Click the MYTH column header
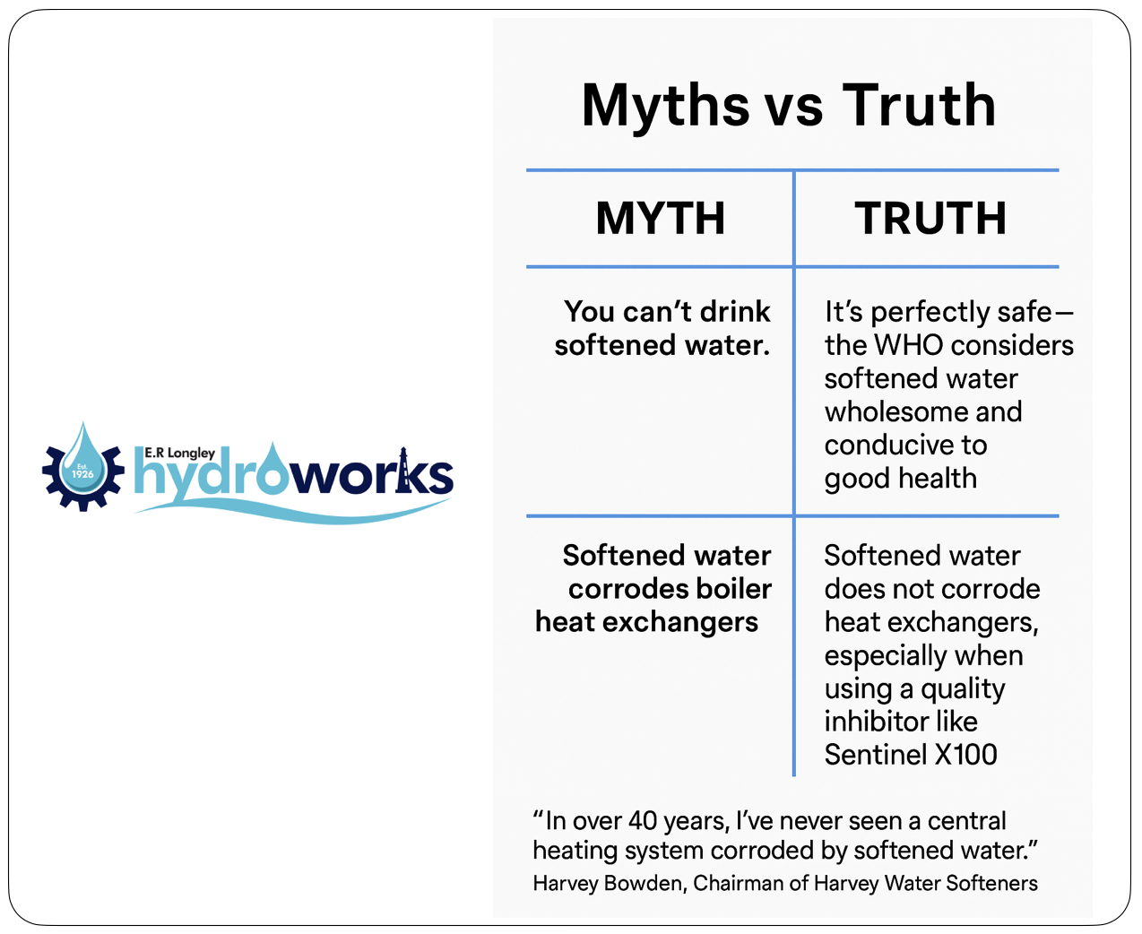[660, 218]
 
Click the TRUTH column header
[930, 218]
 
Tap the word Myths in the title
[665, 107]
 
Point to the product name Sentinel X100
[910, 754]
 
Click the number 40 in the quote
[643, 821]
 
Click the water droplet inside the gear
[82, 459]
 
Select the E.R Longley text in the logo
[180, 454]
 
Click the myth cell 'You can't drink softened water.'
[662, 328]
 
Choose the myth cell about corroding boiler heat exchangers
[653, 589]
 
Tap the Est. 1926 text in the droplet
[82, 471]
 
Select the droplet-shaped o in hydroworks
[273, 469]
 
